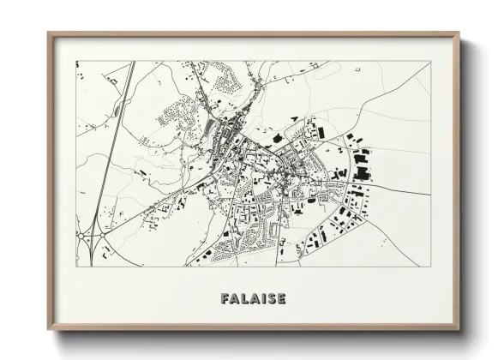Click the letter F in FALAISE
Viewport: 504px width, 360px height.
225,299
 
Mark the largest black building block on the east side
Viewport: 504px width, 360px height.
363,174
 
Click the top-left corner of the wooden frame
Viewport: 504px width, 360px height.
49,33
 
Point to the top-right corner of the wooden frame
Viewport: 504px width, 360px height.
459,33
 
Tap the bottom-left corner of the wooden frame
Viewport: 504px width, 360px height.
49,330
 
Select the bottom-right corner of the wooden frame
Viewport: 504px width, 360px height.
459,330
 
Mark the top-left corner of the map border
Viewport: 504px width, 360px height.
76,61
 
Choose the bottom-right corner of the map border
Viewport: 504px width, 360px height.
430,267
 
